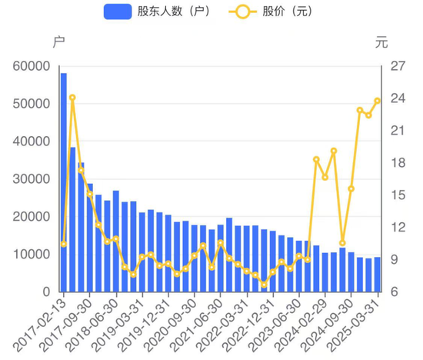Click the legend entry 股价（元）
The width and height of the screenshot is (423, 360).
tap(266, 12)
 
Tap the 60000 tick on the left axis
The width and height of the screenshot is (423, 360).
tap(31, 66)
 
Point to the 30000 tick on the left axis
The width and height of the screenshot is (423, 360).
tap(31, 179)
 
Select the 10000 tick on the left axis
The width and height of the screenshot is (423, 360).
tap(31, 255)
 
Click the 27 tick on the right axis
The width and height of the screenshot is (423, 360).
tap(398, 66)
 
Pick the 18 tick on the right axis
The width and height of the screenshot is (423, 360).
tap(398, 163)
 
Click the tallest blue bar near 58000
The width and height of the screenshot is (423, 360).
tap(64, 182)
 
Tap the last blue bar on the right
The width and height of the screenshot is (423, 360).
tap(377, 275)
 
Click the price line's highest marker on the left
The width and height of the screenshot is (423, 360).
tap(72, 98)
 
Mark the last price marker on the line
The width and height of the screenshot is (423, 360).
tap(377, 101)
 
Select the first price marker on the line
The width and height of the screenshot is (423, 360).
tap(64, 244)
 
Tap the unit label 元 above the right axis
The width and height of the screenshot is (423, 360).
tap(382, 42)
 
